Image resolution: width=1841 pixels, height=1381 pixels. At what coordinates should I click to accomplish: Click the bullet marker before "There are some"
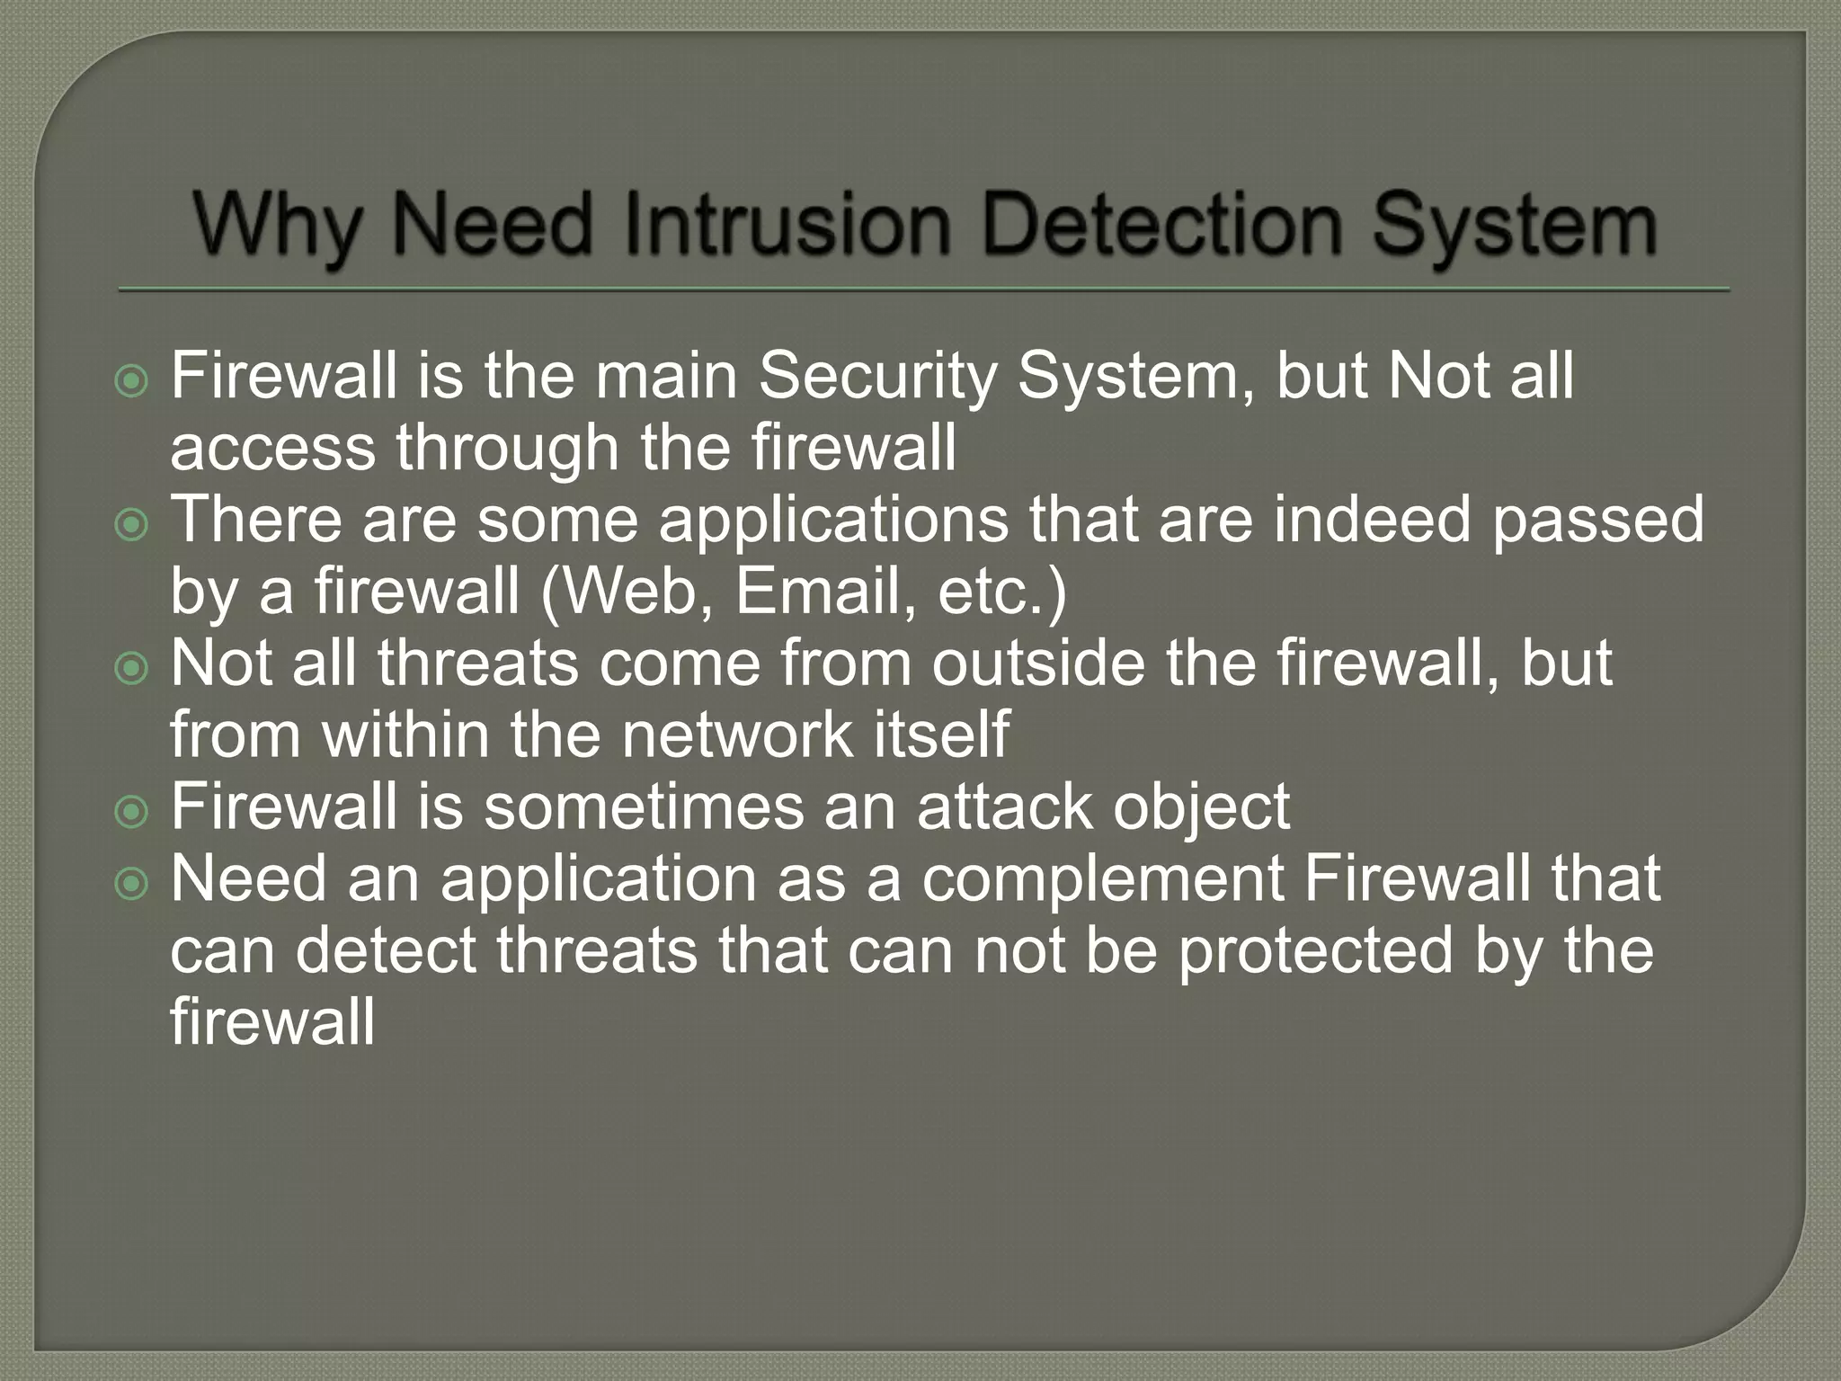pos(132,524)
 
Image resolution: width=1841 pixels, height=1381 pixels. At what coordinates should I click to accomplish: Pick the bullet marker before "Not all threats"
pos(132,667)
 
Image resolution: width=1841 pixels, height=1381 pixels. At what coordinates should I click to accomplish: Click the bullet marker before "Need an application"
pos(132,883)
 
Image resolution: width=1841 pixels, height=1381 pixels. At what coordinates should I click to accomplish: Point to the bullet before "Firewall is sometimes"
pos(132,811)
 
